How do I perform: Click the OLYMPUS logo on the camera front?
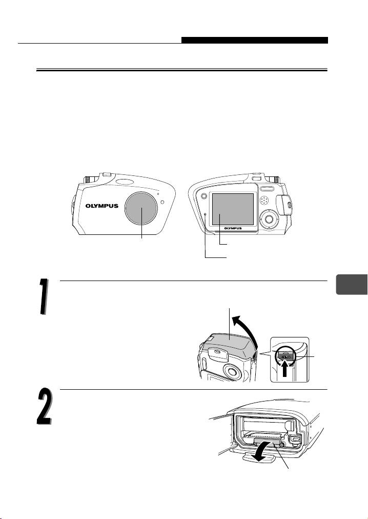click(x=102, y=206)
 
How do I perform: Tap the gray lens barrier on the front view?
click(x=142, y=208)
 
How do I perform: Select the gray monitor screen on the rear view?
click(x=233, y=210)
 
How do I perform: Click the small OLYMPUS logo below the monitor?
click(x=233, y=228)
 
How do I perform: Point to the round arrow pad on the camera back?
click(x=269, y=219)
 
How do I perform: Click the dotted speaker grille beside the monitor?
click(x=264, y=200)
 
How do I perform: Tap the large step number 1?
click(x=43, y=296)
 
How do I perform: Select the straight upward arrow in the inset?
click(x=284, y=370)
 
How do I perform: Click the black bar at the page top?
click(x=255, y=41)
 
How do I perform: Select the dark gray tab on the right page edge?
click(x=352, y=284)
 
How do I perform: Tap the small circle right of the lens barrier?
click(x=162, y=202)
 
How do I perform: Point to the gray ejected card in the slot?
click(x=268, y=443)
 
